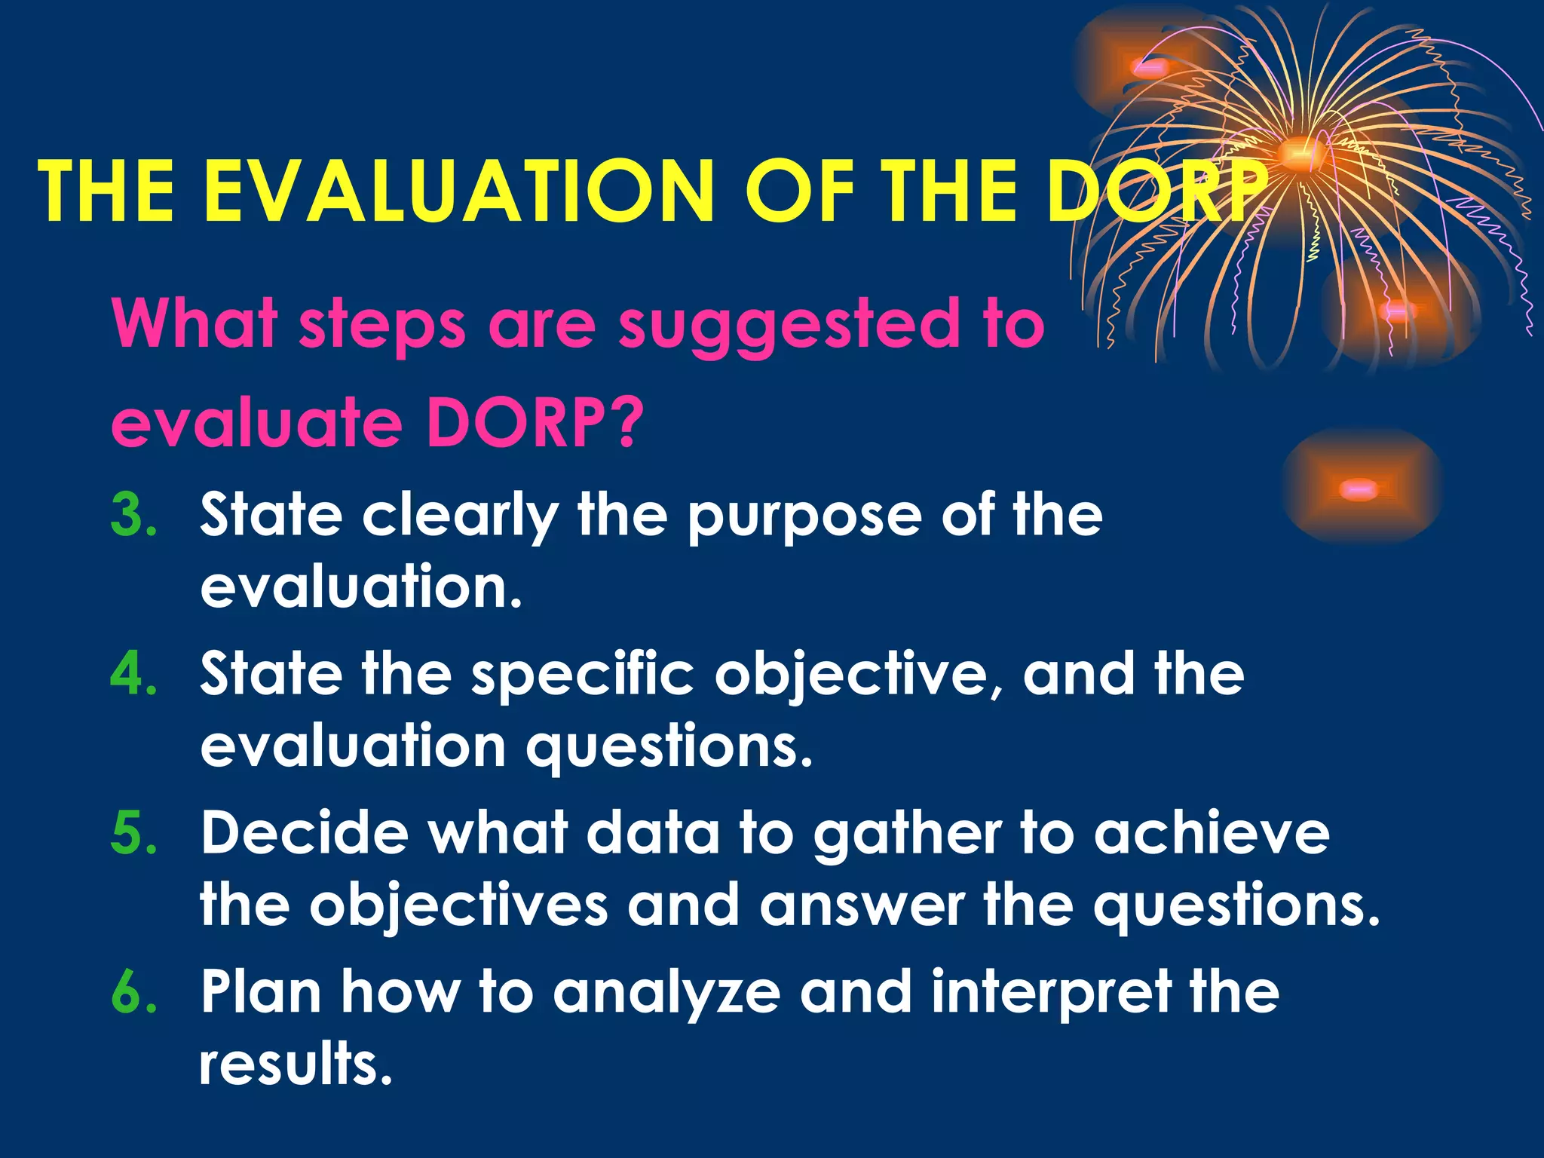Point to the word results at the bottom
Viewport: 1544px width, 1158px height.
click(x=296, y=1063)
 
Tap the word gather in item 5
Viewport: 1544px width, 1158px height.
click(x=908, y=835)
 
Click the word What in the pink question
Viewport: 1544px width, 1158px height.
click(x=195, y=324)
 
